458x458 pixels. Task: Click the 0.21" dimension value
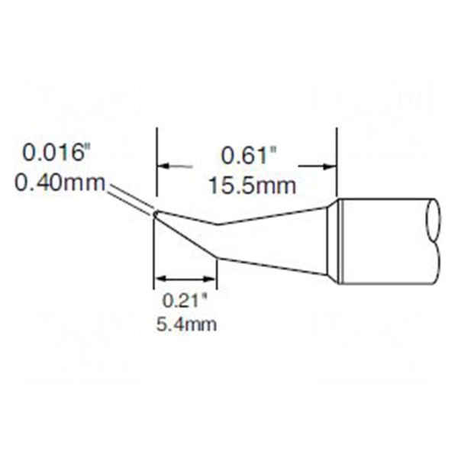coord(185,300)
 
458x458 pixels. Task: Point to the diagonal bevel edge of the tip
coord(187,237)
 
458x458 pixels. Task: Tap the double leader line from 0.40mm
coord(130,199)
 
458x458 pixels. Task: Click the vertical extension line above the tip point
coord(156,168)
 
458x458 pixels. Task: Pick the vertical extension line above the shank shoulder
coord(337,164)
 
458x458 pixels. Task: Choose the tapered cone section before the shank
coord(275,240)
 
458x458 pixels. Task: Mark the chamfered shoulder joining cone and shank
coord(333,240)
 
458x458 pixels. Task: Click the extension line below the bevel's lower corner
coord(218,271)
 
